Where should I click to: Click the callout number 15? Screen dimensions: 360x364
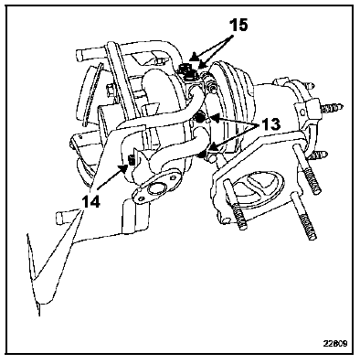pyautogui.click(x=238, y=25)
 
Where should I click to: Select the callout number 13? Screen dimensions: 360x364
pyautogui.click(x=269, y=124)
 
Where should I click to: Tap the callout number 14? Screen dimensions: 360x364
pyautogui.click(x=90, y=202)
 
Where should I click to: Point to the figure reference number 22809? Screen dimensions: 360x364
pyautogui.click(x=335, y=344)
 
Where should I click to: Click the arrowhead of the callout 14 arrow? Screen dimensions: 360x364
pyautogui.click(x=124, y=168)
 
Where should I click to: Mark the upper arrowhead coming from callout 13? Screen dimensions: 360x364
pyautogui.click(x=215, y=118)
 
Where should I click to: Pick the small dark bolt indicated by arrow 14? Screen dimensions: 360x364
pyautogui.click(x=132, y=160)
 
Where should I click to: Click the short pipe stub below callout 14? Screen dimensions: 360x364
pyautogui.click(x=65, y=217)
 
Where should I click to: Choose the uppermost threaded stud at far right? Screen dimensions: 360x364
pyautogui.click(x=332, y=107)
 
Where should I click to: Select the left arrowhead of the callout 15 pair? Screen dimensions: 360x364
pyautogui.click(x=193, y=57)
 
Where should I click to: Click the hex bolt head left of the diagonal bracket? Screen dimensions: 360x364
pyautogui.click(x=111, y=90)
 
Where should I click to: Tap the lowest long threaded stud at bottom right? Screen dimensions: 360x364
pyautogui.click(x=306, y=225)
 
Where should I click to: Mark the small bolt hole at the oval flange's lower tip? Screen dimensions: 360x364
pyautogui.click(x=141, y=198)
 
